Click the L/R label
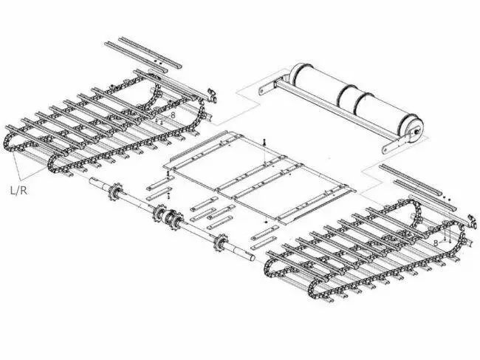18,191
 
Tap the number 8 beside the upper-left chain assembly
173,115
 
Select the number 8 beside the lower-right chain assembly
436,243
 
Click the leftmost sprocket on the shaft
116,191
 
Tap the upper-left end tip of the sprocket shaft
91,181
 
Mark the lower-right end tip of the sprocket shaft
253,259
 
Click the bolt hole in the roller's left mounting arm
261,91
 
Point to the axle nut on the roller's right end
416,131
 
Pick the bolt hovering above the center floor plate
264,142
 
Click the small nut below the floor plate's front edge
265,221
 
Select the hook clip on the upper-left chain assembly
211,95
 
